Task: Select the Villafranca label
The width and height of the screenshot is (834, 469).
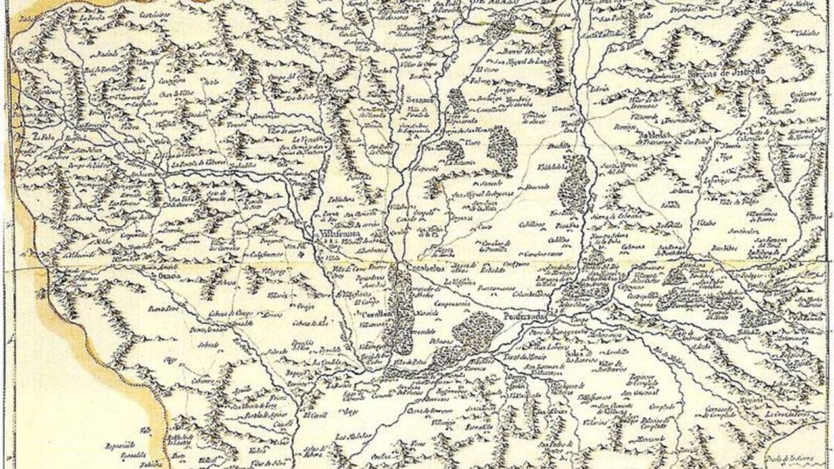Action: [x=336, y=234]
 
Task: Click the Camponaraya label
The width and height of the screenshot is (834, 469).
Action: [x=452, y=304]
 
